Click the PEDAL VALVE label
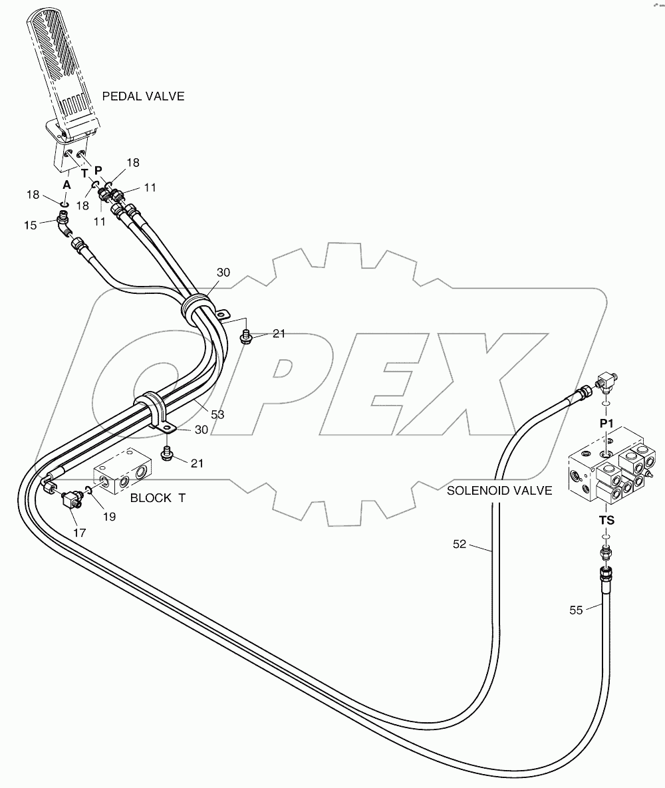click(x=143, y=96)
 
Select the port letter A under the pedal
click(x=66, y=185)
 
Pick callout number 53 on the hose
click(x=217, y=414)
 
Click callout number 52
click(x=460, y=545)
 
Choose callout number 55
click(x=576, y=609)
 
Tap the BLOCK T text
click(x=158, y=497)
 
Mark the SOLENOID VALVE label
click(x=499, y=491)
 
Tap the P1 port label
click(x=606, y=423)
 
